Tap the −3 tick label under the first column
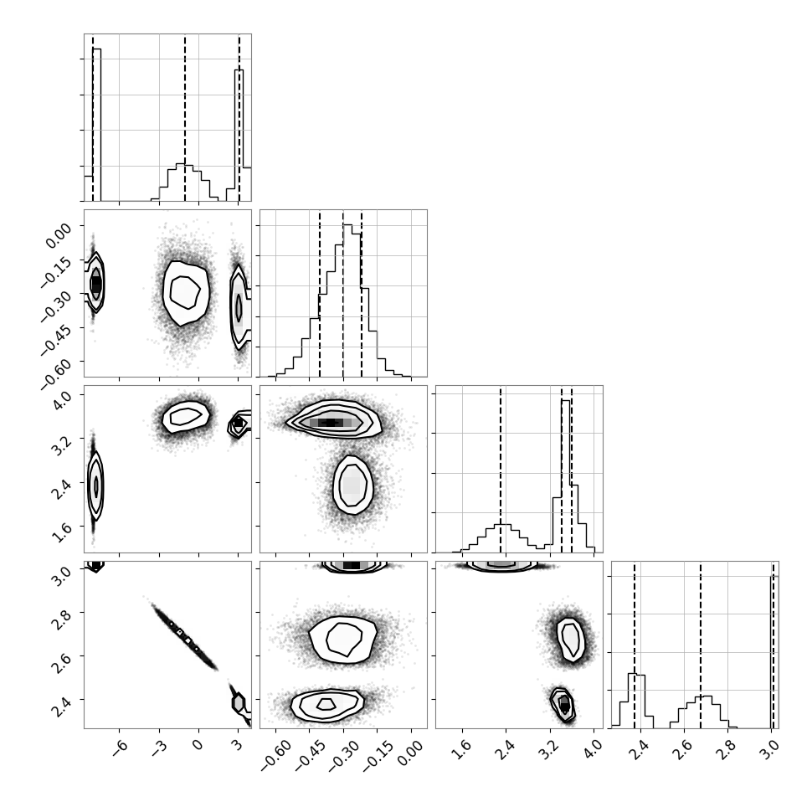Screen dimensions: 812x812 pyautogui.click(x=159, y=746)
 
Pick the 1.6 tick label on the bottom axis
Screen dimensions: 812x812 pyautogui.click(x=465, y=749)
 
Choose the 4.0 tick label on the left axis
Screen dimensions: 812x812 pyautogui.click(x=61, y=401)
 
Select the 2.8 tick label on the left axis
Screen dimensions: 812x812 pyautogui.click(x=61, y=619)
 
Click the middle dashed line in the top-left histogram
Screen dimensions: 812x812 pyautogui.click(x=185, y=117)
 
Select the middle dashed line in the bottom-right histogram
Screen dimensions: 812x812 pyautogui.click(x=701, y=645)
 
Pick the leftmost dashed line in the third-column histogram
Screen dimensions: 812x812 pyautogui.click(x=501, y=469)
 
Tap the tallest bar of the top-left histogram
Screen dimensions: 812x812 pyautogui.click(x=97, y=125)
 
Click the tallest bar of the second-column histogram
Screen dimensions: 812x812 pyautogui.click(x=347, y=301)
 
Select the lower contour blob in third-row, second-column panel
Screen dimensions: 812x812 pyautogui.click(x=352, y=485)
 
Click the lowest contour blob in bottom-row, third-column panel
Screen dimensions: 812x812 pyautogui.click(x=563, y=704)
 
